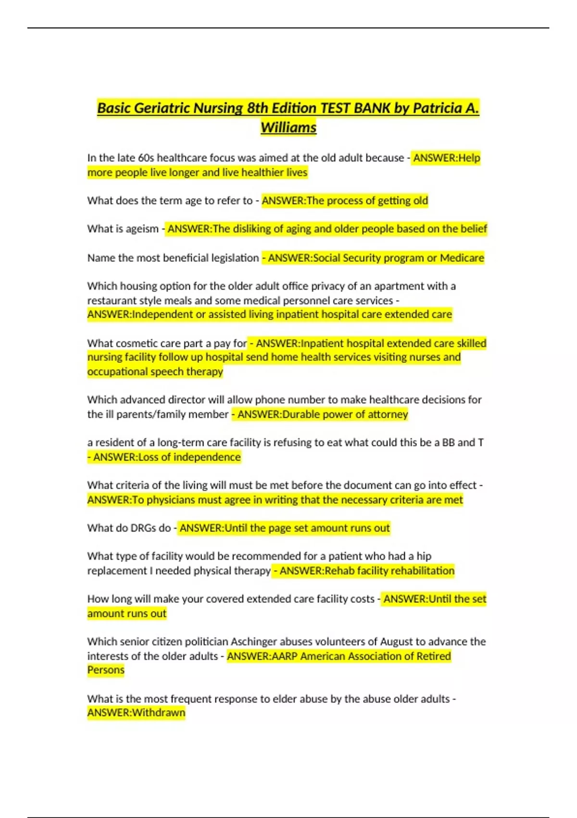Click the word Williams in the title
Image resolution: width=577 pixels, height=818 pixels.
[288, 128]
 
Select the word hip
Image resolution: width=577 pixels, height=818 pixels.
[424, 556]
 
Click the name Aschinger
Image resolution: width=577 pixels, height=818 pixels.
[254, 642]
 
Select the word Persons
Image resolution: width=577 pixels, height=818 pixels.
[106, 670]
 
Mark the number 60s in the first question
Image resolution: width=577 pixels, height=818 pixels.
[146, 158]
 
